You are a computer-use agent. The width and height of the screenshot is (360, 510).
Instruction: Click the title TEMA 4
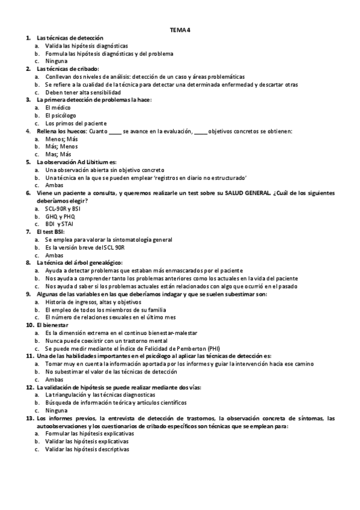[x=180, y=30]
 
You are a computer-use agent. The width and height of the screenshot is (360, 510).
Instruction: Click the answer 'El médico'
[x=58, y=107]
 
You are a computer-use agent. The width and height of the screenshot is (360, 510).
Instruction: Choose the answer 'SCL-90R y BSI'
[x=63, y=209]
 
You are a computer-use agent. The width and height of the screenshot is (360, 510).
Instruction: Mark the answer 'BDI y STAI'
[x=59, y=224]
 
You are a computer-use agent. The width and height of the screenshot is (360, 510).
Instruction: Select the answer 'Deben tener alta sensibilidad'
[x=78, y=92]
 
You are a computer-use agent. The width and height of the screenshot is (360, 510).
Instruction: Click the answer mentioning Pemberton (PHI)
[x=133, y=348]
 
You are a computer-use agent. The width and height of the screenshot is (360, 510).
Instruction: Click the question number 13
[x=29, y=418]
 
